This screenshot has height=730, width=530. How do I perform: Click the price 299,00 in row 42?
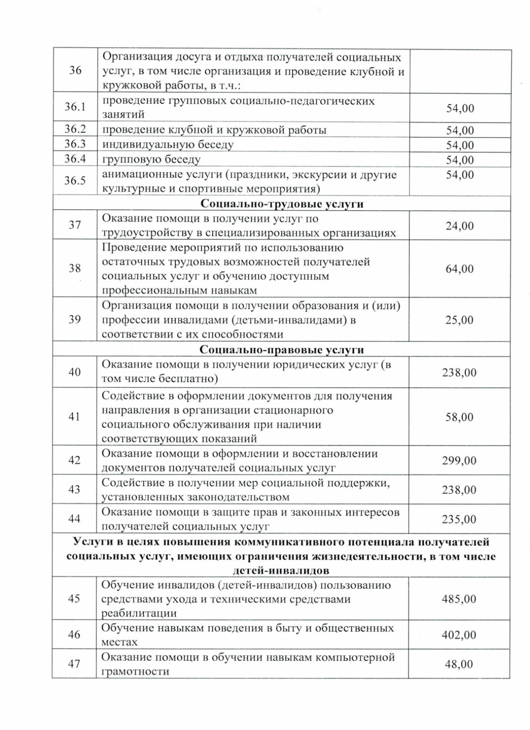click(459, 461)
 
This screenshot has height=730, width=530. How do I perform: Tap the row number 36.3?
click(75, 144)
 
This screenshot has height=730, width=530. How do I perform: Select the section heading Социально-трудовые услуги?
click(282, 204)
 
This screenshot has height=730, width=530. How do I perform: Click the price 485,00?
click(459, 599)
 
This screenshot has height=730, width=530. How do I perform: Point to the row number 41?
click(75, 416)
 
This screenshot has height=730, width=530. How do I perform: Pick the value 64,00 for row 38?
click(459, 269)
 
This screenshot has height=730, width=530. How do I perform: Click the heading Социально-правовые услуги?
click(282, 349)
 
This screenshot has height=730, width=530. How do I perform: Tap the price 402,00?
click(459, 635)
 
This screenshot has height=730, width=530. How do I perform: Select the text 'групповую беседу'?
click(151, 159)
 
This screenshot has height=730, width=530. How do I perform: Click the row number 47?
click(75, 664)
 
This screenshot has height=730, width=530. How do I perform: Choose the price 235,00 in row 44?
click(459, 519)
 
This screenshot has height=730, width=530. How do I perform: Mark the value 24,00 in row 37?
click(459, 226)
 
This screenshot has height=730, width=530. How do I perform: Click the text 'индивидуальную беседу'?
click(168, 144)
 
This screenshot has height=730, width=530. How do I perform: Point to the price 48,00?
click(459, 664)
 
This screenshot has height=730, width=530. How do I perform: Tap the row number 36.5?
click(75, 181)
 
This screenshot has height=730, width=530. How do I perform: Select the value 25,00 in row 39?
click(459, 320)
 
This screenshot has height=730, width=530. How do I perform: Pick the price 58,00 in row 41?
click(459, 417)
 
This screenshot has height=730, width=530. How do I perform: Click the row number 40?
click(75, 372)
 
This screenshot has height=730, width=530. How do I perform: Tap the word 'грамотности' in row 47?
click(136, 672)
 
